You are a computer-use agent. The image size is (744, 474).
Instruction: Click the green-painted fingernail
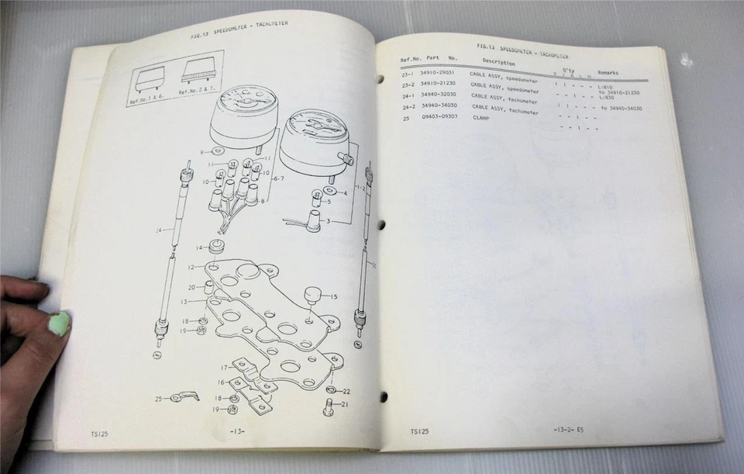tap(60, 323)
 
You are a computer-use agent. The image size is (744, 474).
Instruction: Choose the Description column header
tap(498, 62)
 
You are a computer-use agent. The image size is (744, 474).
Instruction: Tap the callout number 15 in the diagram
tap(334, 296)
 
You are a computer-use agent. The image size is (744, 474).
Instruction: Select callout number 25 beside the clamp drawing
tap(158, 399)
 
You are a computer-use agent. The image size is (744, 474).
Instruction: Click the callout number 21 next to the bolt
tap(346, 403)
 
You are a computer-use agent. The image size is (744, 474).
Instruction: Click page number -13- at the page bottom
tap(237, 431)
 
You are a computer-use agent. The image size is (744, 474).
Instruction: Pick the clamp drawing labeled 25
tap(184, 397)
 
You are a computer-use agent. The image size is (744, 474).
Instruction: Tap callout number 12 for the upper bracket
tap(191, 266)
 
